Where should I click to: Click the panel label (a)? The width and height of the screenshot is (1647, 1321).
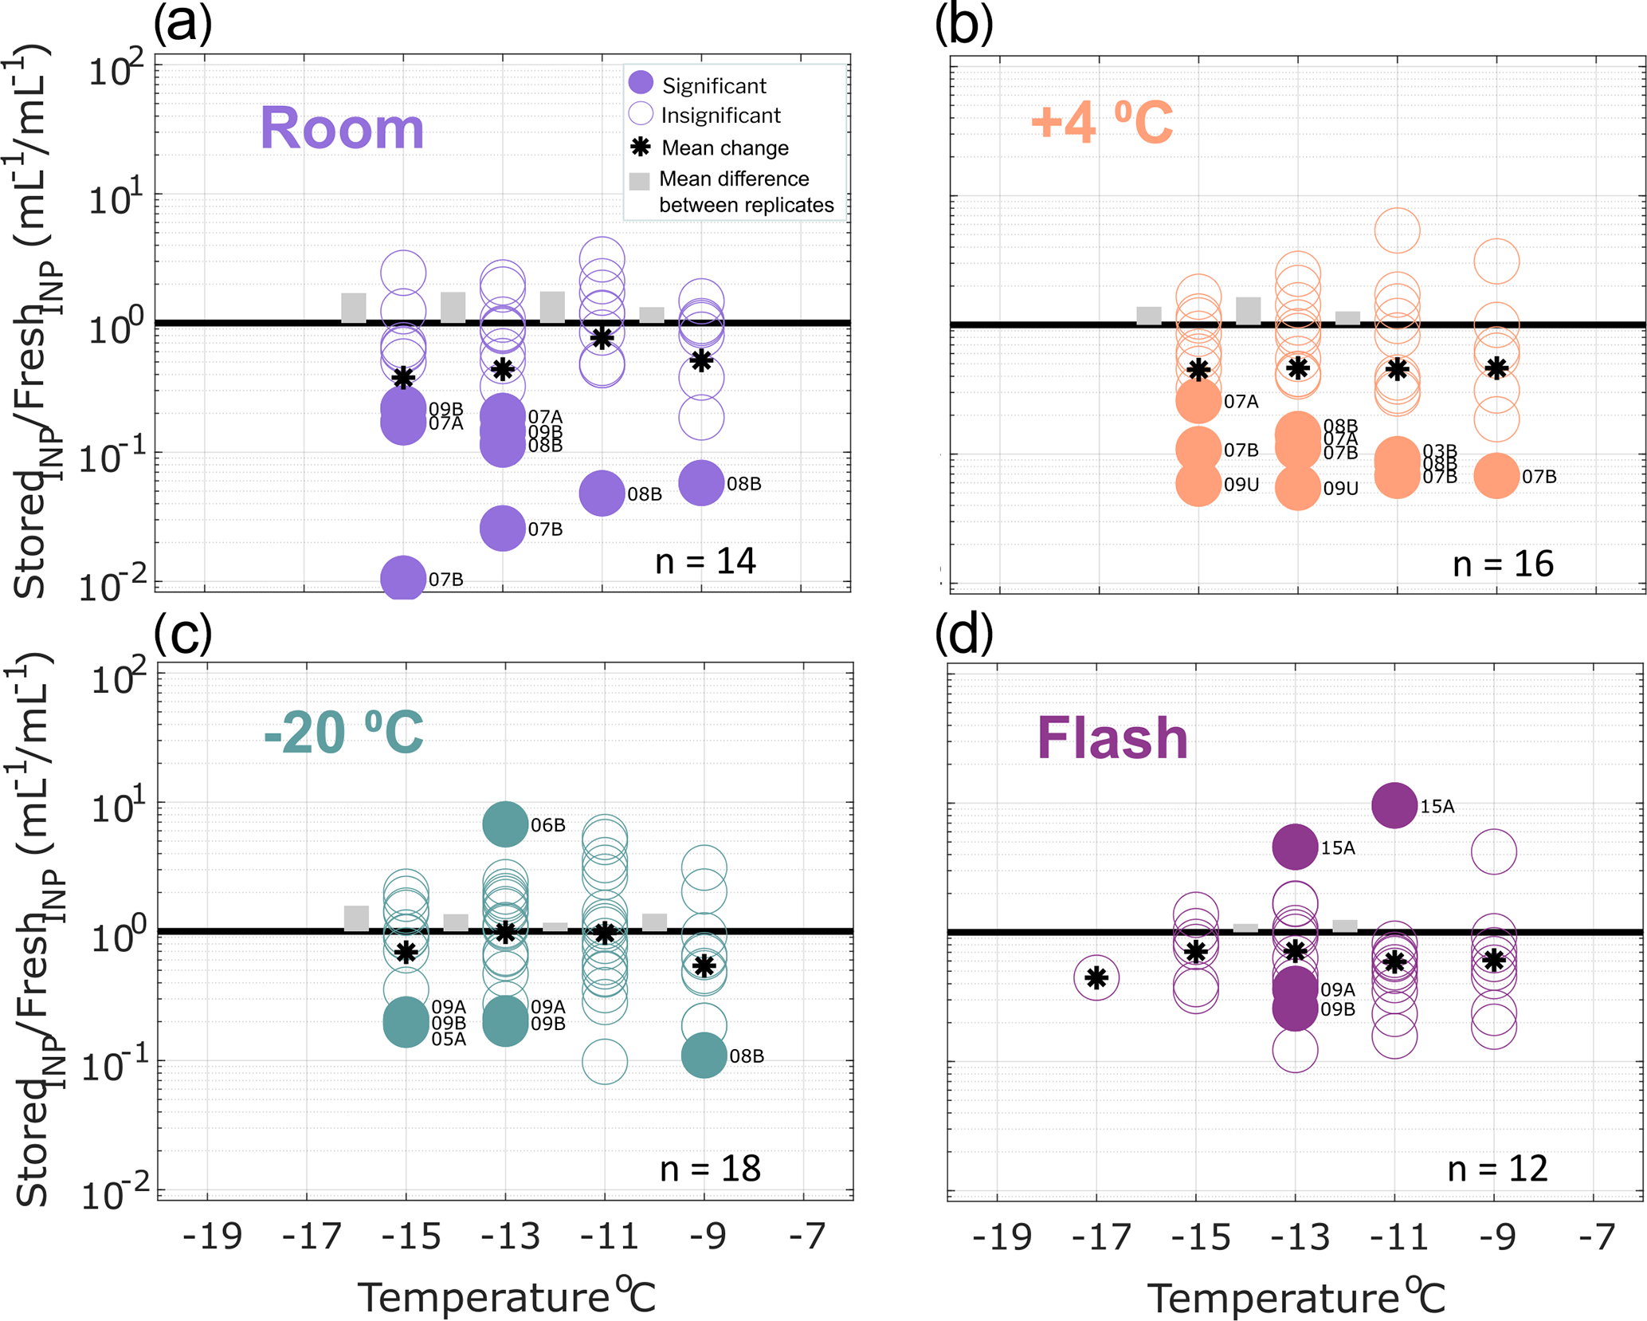(182, 24)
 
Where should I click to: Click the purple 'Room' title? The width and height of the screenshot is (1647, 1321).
(342, 128)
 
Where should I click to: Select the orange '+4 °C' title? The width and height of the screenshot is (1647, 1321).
(1101, 124)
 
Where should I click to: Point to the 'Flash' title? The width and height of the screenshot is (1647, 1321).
(1112, 737)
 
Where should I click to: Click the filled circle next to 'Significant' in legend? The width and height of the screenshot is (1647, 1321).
(641, 82)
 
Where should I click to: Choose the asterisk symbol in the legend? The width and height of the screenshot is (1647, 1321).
(641, 147)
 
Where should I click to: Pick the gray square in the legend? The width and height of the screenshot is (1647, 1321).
(640, 180)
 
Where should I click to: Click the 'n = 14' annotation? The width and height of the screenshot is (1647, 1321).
(705, 561)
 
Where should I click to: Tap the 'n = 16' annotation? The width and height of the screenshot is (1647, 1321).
(1503, 564)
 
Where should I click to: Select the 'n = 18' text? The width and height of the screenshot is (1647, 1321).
(710, 1169)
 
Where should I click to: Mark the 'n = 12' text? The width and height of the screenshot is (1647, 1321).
(1497, 1169)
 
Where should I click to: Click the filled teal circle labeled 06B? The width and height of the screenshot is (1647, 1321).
(505, 824)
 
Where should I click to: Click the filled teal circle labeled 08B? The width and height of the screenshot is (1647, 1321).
(704, 1055)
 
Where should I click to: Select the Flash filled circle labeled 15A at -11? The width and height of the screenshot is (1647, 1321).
(1394, 805)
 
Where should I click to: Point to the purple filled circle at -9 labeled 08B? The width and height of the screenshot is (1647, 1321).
(701, 482)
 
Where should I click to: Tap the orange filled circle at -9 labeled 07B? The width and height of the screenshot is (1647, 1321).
(1497, 476)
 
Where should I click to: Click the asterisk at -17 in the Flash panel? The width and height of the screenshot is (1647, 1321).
(1097, 977)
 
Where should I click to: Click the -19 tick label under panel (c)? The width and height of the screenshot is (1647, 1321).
(211, 1236)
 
